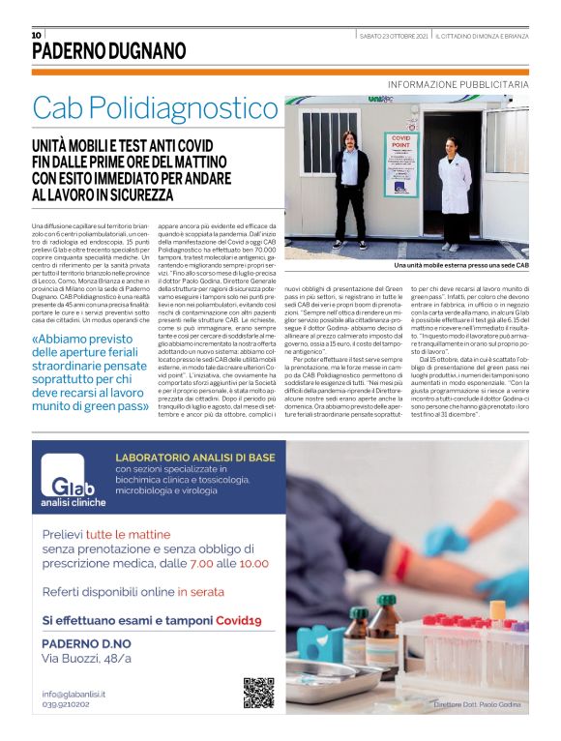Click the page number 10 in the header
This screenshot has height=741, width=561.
37,35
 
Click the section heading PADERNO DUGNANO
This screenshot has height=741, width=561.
108,51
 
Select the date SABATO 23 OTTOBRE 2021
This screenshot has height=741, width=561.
394,36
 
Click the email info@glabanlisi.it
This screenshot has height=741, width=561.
74,694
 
